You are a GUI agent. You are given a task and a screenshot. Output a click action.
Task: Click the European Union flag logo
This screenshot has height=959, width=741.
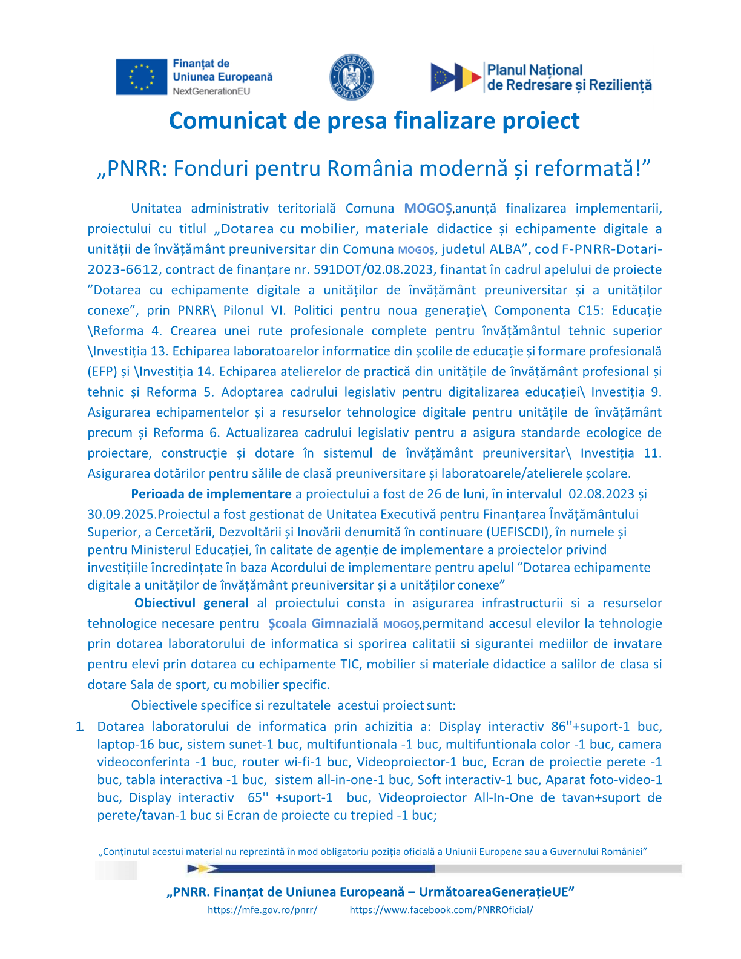click(141, 77)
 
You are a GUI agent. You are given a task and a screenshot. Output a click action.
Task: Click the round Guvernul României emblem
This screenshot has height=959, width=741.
click(351, 77)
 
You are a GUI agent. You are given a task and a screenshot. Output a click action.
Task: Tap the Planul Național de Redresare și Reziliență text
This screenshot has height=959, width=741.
click(569, 77)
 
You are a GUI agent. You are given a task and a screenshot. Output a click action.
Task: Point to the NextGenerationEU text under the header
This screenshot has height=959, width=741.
click(211, 91)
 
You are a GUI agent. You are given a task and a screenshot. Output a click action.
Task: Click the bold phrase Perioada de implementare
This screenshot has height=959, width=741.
click(211, 494)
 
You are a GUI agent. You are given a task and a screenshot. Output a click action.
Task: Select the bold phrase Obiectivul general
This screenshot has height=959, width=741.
click(191, 603)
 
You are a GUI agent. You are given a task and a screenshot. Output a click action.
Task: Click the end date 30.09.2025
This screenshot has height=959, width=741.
click(121, 514)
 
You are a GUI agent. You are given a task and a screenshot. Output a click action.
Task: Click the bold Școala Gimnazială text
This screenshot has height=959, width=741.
click(323, 624)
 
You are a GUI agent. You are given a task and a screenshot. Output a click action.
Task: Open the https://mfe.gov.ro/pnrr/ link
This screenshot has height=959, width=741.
click(262, 909)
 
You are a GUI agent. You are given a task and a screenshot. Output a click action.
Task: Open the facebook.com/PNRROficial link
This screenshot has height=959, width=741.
click(441, 909)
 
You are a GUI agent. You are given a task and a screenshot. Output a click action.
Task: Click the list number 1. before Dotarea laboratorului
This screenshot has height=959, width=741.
click(79, 727)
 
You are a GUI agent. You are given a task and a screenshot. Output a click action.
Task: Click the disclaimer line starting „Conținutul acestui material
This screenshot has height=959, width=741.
click(372, 851)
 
